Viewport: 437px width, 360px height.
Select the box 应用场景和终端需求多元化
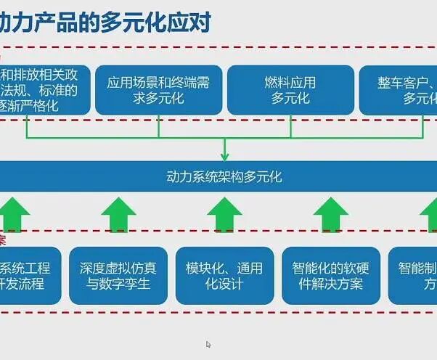coord(158,91)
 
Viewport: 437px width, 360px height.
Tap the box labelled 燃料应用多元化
coord(290,91)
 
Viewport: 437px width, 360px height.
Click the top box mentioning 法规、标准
coord(44,91)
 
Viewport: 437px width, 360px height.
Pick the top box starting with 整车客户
coord(399,91)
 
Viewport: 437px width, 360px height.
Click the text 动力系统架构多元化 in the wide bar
coord(224,176)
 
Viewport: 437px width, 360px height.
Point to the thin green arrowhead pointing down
coord(224,155)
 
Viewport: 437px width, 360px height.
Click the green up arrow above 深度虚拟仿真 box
coord(118,215)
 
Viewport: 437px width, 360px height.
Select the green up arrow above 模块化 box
coord(224,215)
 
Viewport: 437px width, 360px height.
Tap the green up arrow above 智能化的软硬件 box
coord(331,215)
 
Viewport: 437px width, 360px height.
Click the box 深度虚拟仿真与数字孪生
coord(118,276)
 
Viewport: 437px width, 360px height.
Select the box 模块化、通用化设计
coord(224,276)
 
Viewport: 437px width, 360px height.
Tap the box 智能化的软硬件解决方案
coord(331,276)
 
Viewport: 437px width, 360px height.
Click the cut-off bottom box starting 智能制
coord(414,276)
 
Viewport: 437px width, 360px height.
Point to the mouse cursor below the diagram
coord(209,345)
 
